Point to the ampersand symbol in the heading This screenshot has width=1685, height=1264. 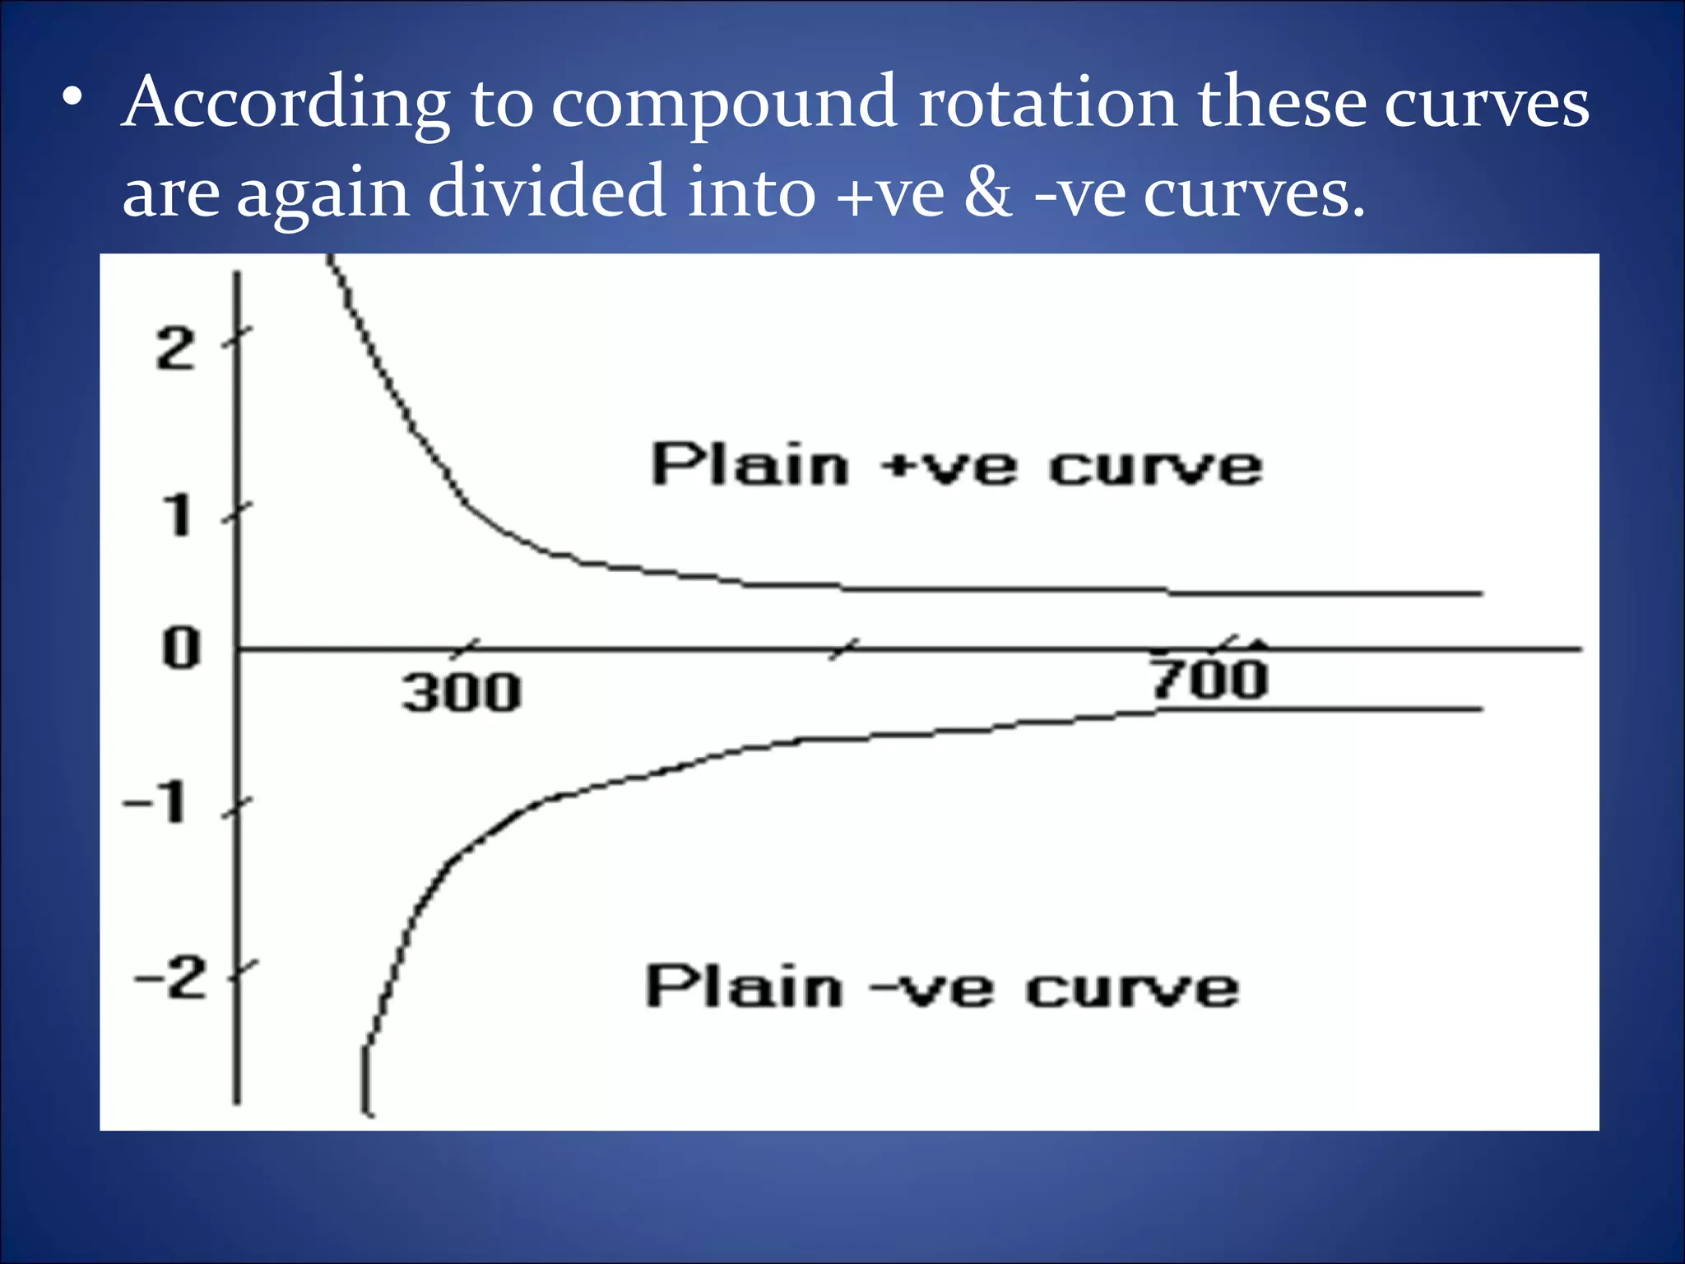click(x=988, y=191)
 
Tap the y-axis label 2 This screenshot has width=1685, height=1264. click(x=176, y=349)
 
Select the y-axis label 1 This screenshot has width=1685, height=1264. click(x=178, y=517)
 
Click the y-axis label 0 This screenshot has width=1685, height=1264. click(x=181, y=648)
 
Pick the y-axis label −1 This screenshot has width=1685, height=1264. click(x=156, y=802)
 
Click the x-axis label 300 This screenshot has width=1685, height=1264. click(x=462, y=692)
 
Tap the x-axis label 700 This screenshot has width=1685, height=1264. click(x=1209, y=680)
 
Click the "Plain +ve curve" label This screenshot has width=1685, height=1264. click(x=956, y=466)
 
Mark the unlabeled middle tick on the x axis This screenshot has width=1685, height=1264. click(x=843, y=649)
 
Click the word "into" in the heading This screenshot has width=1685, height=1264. click(x=751, y=191)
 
